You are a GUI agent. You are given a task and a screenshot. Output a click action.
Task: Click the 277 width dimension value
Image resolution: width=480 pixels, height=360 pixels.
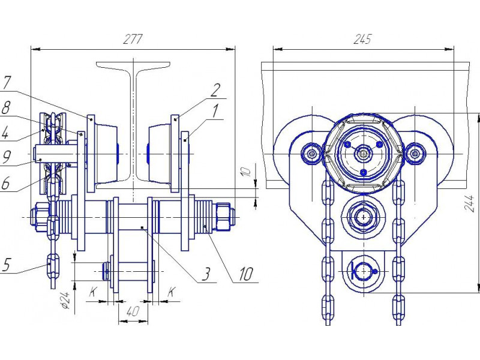tap(133, 40)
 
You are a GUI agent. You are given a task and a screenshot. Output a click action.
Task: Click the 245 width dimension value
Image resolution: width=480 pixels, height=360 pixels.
tap(363, 40)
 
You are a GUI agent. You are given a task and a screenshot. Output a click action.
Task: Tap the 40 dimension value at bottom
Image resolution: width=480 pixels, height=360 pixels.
tap(133, 311)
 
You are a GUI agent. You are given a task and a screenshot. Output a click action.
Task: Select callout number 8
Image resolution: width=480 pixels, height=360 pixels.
tap(5, 108)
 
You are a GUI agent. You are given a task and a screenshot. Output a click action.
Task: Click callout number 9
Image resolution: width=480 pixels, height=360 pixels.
tap(6, 157)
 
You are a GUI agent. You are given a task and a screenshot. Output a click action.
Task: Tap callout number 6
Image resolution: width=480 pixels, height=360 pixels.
tap(5, 183)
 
